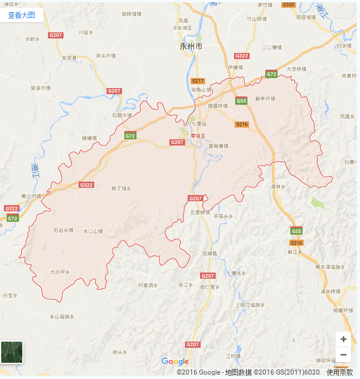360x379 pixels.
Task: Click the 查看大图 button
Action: click(21, 15)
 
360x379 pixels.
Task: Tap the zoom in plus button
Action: click(343, 339)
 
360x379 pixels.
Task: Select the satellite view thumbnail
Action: click(12, 352)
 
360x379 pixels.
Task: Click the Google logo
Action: click(175, 362)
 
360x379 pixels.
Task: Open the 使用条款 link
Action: click(339, 372)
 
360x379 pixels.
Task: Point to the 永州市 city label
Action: click(191, 47)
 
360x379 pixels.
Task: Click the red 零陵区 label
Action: click(198, 135)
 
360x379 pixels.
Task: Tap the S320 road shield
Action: click(289, 4)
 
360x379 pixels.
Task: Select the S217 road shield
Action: click(198, 81)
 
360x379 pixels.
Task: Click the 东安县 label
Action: click(69, 57)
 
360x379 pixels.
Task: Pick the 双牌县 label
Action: click(210, 254)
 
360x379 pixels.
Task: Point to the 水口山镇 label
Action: click(93, 231)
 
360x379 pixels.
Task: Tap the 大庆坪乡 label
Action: click(60, 272)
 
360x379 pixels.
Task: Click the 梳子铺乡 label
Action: click(121, 188)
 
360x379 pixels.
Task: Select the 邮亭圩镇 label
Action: click(265, 98)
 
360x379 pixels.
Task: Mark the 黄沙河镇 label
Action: click(31, 196)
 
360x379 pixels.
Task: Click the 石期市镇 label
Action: click(121, 115)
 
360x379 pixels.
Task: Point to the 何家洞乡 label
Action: click(148, 285)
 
